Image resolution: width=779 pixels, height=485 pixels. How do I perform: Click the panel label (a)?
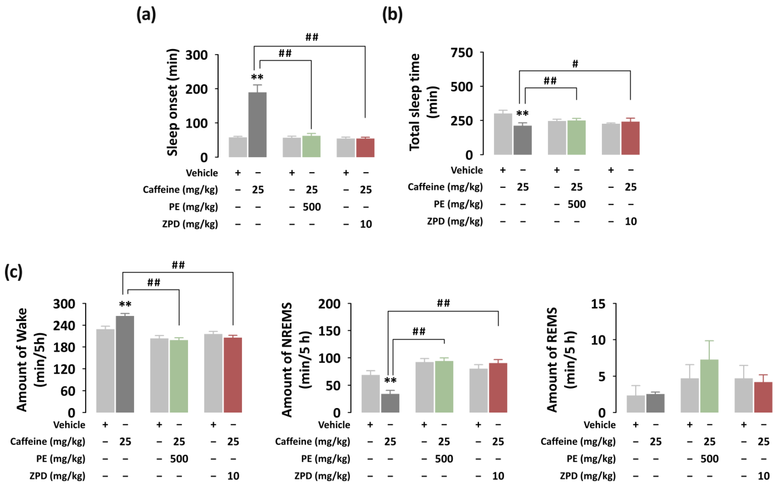(146, 15)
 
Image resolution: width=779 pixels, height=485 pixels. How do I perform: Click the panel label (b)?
(392, 15)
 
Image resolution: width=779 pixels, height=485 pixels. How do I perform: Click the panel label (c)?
(14, 272)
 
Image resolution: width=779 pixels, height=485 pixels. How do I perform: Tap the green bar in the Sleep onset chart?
(311, 146)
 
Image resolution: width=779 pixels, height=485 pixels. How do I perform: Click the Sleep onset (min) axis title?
(172, 102)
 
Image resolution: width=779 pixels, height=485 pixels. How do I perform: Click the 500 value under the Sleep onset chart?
(311, 207)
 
